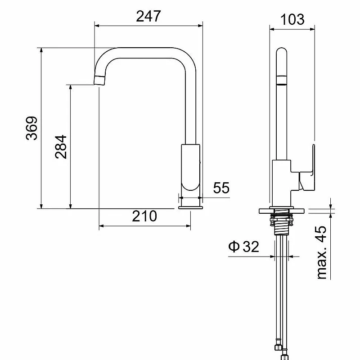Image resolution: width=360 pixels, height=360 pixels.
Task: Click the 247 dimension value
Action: (148, 16)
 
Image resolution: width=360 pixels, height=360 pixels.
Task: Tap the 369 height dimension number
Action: (31, 128)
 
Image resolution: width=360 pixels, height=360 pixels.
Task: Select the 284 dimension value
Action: (61, 147)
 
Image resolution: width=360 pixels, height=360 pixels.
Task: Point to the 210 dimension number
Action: (144, 216)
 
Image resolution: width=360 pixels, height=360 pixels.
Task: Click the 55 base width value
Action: (221, 188)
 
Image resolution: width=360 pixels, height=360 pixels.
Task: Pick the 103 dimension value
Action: (292, 19)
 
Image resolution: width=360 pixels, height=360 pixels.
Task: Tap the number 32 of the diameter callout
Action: (251, 247)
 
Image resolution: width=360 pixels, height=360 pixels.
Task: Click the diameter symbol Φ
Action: (234, 246)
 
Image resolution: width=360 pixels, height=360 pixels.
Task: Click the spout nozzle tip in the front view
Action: (100, 81)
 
